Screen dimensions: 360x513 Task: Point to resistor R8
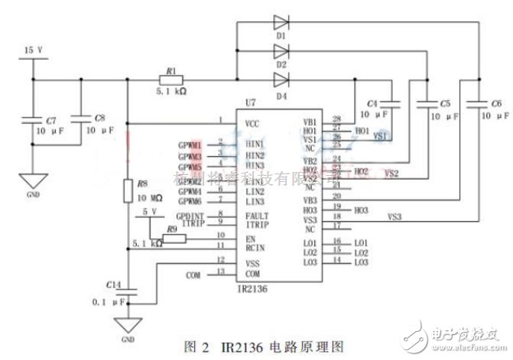coord(127,190)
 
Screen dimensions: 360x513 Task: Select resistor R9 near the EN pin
coord(174,238)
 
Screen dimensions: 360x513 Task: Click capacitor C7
coord(32,120)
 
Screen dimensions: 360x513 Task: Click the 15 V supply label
coord(33,50)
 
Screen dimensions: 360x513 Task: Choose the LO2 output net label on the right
coord(361,252)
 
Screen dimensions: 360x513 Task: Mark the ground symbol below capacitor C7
coord(32,181)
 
